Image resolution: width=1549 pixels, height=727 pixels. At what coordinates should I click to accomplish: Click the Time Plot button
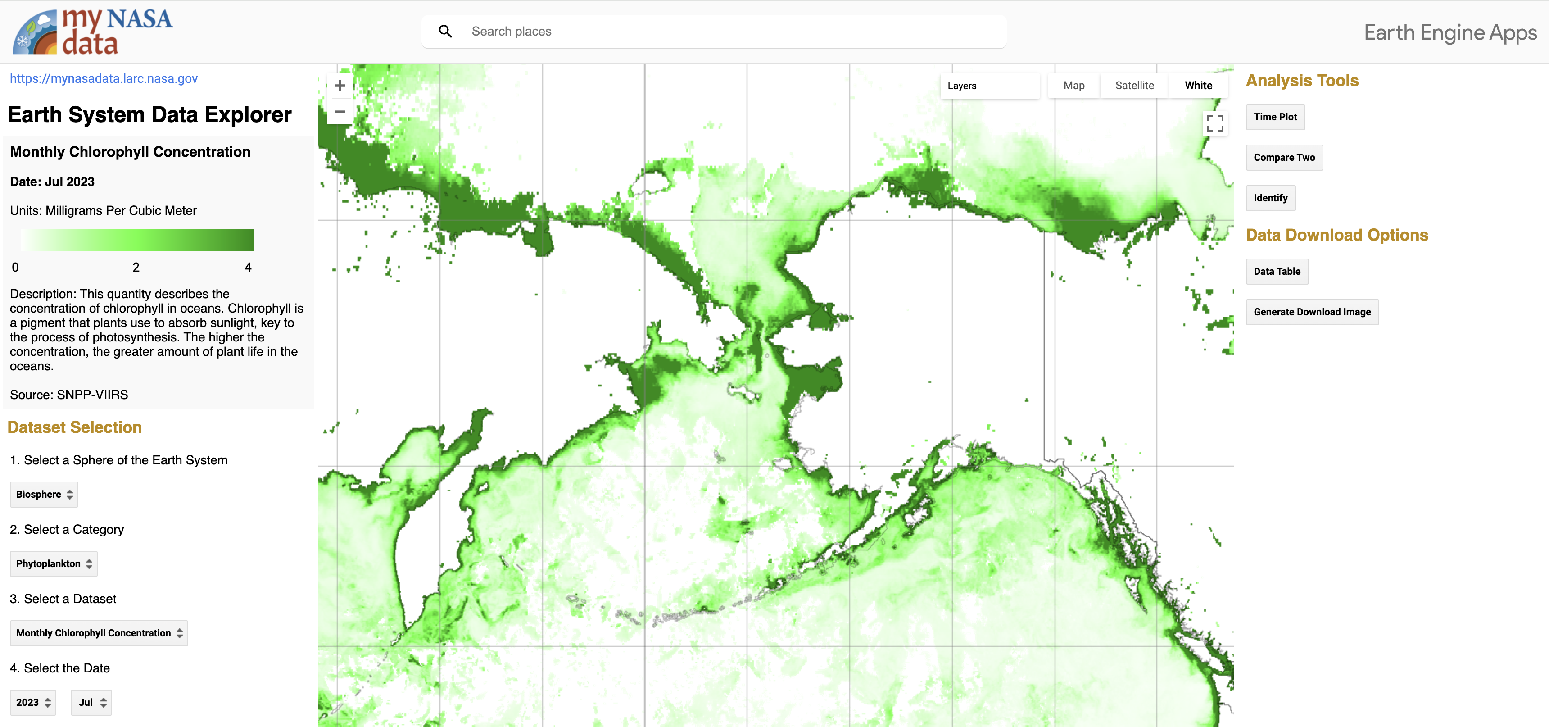[1275, 117]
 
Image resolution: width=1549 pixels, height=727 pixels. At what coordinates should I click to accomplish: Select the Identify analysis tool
[1270, 198]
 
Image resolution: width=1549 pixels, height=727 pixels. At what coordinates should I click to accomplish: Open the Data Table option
[1277, 271]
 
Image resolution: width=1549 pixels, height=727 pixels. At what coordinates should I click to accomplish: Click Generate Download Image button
[1312, 312]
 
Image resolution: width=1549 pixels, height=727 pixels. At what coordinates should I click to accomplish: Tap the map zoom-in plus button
[340, 86]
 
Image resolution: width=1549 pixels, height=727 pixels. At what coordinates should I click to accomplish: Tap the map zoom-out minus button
[340, 112]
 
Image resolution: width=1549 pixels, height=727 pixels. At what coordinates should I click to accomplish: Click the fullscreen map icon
[1215, 123]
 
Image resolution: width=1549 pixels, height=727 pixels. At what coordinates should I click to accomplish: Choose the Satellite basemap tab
[1134, 86]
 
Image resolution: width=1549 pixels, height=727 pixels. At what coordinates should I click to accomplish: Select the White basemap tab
[1198, 86]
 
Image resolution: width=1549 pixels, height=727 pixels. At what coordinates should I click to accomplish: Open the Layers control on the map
[988, 86]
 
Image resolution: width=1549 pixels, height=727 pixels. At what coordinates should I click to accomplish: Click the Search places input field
[721, 31]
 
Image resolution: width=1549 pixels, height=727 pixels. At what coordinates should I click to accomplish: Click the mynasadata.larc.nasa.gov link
[104, 78]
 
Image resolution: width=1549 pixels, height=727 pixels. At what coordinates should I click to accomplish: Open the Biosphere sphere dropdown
[44, 494]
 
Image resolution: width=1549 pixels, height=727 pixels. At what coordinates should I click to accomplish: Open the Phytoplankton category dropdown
[54, 563]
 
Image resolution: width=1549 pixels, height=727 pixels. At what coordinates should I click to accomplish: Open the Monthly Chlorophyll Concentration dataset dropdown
[99, 633]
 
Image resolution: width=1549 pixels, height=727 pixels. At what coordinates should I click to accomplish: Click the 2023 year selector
[33, 702]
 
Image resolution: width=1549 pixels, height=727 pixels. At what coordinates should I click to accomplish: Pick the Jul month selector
[91, 702]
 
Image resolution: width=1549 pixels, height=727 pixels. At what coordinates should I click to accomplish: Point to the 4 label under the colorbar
[248, 267]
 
